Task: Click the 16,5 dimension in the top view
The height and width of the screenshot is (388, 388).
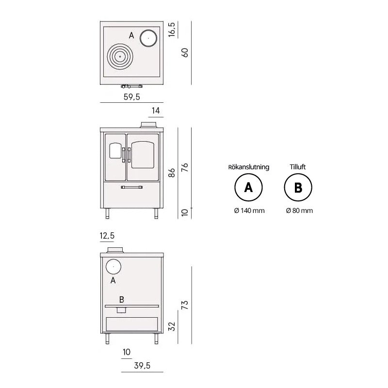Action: (x=172, y=30)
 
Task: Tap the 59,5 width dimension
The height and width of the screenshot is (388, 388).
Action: (x=131, y=97)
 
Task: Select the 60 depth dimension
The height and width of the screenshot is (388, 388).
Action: (x=185, y=52)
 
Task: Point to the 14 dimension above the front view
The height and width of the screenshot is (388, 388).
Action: (x=156, y=111)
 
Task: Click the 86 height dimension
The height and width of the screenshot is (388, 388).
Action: (x=172, y=173)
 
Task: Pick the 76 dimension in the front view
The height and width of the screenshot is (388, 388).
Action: (x=185, y=167)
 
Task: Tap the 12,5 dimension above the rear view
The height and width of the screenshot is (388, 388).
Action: (x=107, y=236)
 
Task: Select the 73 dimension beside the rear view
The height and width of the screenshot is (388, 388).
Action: (x=185, y=305)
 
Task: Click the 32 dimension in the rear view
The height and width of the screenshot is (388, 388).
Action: (x=172, y=326)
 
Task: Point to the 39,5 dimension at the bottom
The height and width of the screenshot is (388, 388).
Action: (x=142, y=366)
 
